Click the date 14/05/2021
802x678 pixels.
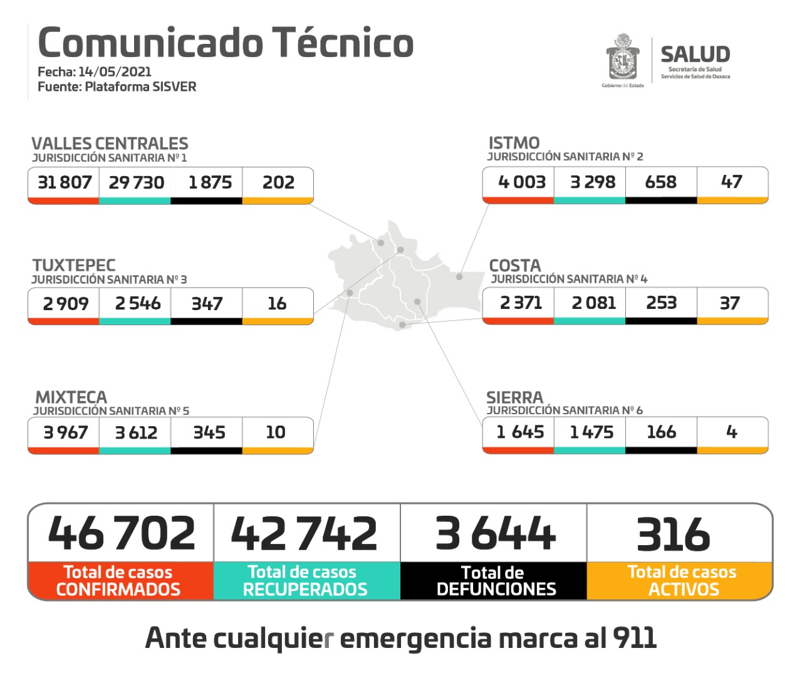click(115, 71)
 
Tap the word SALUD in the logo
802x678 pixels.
click(695, 54)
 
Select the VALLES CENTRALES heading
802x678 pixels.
click(110, 143)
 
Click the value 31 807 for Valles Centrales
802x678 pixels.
click(65, 182)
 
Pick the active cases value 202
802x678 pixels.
click(278, 182)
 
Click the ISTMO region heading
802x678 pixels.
click(514, 143)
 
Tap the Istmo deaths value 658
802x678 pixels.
click(661, 182)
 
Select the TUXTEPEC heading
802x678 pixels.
click(74, 265)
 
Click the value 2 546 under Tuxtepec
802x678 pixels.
click(137, 303)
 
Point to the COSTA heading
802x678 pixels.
click(514, 265)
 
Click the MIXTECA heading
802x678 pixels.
click(71, 397)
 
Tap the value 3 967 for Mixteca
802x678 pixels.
click(65, 432)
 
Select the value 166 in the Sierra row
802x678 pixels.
click(661, 432)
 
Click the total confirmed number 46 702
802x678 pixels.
click(122, 533)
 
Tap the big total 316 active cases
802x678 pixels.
click(674, 535)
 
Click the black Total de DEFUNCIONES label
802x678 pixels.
click(494, 581)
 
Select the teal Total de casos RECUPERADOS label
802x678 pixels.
click(305, 581)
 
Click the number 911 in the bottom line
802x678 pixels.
click(634, 638)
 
